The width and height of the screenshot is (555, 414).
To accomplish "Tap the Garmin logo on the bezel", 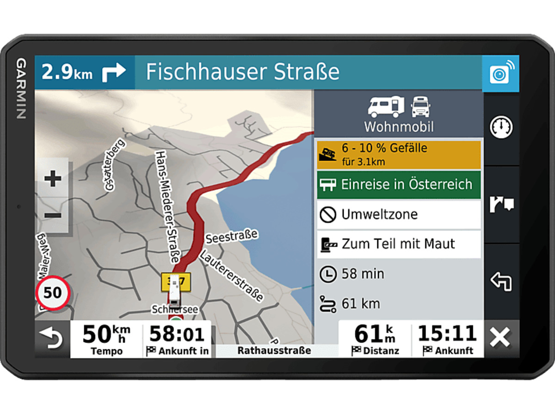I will click(21, 88).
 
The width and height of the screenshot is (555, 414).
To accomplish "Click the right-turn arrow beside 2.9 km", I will click(114, 73).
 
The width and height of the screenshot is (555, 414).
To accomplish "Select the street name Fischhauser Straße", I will click(243, 73).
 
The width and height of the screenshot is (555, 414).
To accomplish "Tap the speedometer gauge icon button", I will click(501, 127).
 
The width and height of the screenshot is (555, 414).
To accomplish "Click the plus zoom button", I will click(53, 178).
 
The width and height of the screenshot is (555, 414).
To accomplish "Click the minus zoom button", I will click(53, 215).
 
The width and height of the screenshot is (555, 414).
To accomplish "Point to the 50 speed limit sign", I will click(53, 292).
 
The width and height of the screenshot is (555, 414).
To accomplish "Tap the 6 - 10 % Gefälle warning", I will click(399, 154).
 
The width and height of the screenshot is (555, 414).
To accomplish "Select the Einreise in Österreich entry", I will click(399, 184).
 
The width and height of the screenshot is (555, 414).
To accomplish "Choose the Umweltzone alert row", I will click(399, 214).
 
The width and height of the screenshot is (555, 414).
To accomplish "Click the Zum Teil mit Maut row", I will click(399, 244).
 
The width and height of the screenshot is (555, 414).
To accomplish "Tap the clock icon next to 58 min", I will click(328, 274).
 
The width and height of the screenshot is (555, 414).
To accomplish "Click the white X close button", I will click(500, 338).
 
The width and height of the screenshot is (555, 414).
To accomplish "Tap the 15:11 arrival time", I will click(447, 334).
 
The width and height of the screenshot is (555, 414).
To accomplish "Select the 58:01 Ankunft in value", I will click(177, 334).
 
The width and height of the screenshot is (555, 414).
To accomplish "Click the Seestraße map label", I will click(232, 237).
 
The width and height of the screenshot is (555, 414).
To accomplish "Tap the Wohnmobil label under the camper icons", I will click(399, 127).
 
